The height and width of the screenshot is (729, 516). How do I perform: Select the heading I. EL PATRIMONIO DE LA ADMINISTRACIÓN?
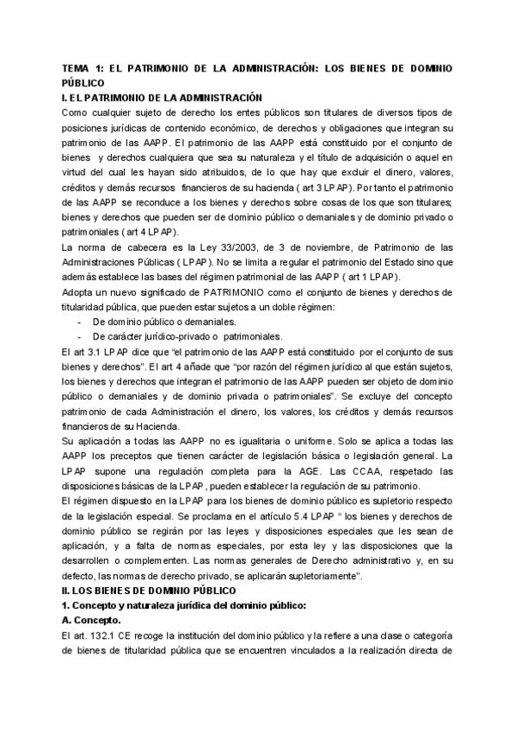(x=163, y=98)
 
